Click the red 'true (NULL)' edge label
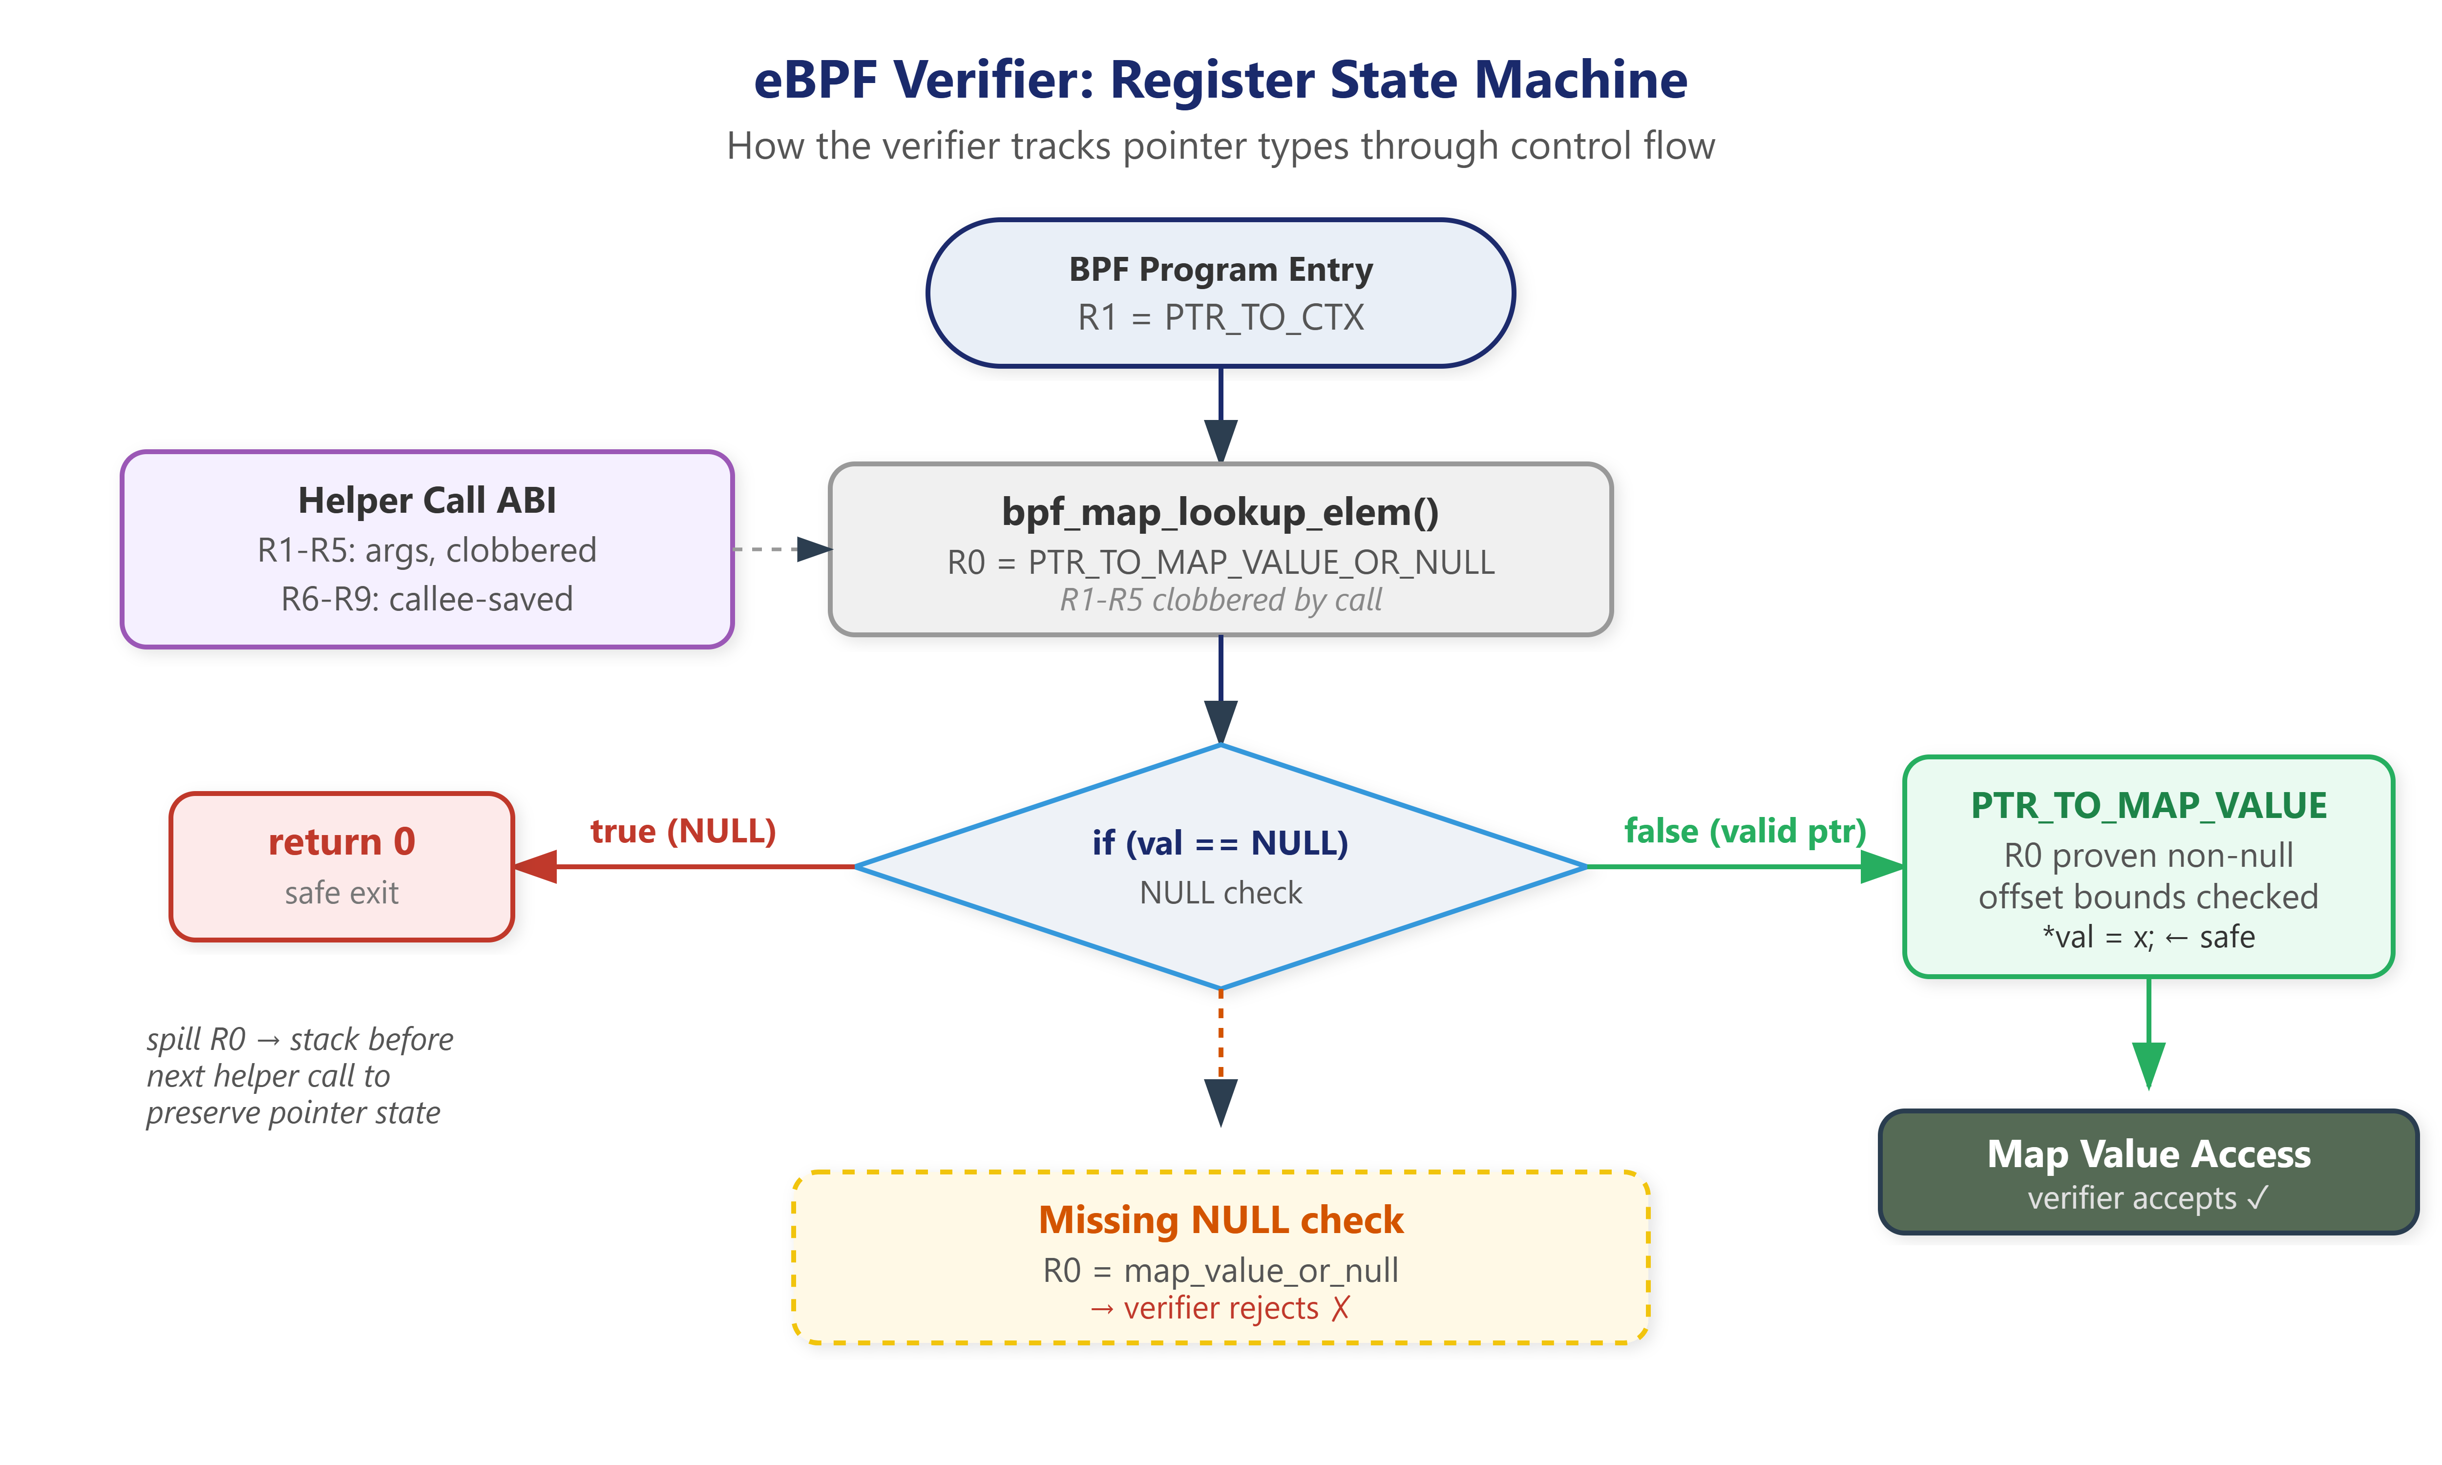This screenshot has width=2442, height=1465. (x=683, y=831)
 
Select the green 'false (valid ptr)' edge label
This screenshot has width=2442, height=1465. (x=1745, y=831)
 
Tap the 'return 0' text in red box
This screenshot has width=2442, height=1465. (x=341, y=842)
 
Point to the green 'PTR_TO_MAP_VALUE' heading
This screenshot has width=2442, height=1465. (x=2149, y=806)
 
